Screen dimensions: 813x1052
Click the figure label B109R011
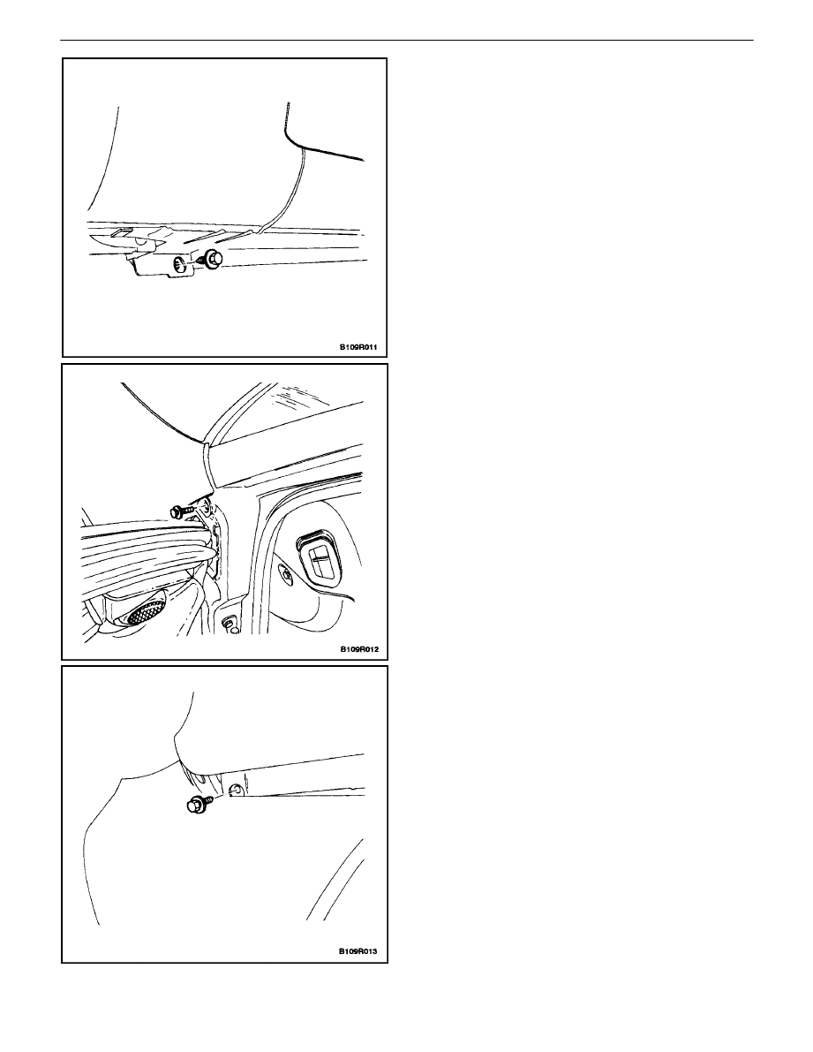(358, 347)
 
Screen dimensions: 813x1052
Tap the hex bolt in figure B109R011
(211, 259)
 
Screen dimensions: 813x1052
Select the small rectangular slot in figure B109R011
(122, 232)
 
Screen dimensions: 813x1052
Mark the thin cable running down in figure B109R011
(281, 194)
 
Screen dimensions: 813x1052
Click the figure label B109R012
(358, 649)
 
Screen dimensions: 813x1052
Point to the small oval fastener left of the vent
(287, 575)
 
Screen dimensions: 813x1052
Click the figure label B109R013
(358, 951)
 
